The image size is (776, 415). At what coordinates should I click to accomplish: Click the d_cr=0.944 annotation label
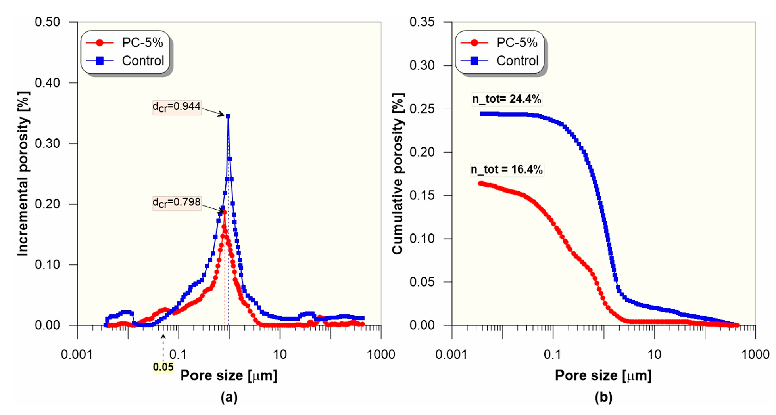(177, 107)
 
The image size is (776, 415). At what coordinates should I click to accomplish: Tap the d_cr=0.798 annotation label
(177, 203)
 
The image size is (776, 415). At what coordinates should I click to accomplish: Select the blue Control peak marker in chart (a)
(228, 116)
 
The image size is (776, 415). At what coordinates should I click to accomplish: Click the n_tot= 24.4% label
(506, 99)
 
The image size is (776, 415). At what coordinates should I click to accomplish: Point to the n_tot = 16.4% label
(507, 170)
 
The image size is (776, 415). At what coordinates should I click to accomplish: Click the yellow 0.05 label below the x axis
(163, 367)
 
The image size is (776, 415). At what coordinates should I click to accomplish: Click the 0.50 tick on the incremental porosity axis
(47, 22)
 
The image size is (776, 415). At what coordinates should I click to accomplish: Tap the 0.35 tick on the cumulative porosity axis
(422, 22)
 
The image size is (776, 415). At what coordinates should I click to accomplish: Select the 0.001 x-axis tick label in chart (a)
(77, 354)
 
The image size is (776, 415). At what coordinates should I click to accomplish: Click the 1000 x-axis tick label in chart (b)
(755, 354)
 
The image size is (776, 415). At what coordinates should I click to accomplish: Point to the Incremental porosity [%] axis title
(23, 174)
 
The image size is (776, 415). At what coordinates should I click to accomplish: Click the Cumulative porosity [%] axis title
(398, 174)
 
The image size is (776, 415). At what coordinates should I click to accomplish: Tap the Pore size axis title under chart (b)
(603, 375)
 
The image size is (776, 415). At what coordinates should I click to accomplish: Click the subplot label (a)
(229, 397)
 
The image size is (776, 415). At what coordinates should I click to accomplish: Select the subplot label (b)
(603, 397)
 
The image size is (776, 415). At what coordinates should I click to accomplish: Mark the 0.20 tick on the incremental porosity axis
(47, 204)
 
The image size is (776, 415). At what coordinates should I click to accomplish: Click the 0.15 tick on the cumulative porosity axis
(422, 195)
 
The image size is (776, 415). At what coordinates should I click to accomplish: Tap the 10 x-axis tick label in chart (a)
(280, 354)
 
